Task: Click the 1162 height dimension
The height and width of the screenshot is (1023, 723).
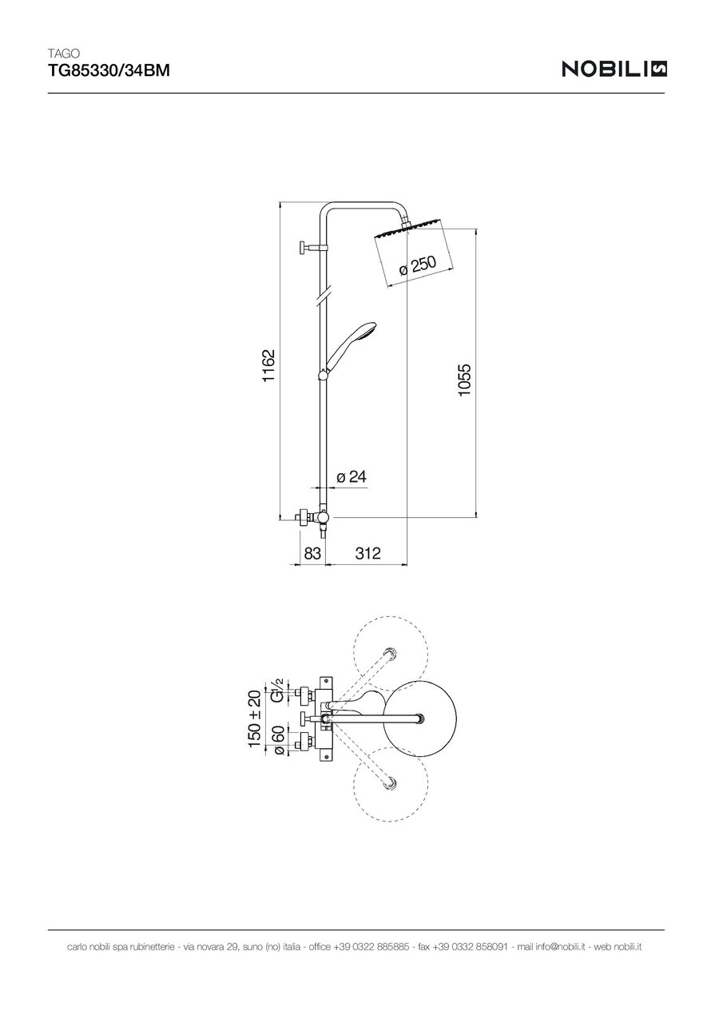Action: (x=268, y=365)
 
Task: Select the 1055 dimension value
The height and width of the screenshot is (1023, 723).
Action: (x=464, y=380)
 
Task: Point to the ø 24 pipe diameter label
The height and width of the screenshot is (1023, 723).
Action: (x=352, y=477)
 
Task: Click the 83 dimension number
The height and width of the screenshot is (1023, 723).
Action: (x=312, y=553)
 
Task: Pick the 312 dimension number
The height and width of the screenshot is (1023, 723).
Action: (x=367, y=553)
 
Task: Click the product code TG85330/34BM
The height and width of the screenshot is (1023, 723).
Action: (x=109, y=71)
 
